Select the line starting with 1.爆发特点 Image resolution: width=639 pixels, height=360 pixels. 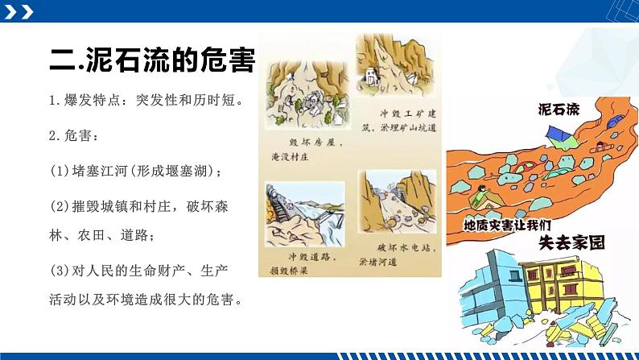(145, 101)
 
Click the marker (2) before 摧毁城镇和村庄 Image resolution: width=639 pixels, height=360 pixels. (60, 206)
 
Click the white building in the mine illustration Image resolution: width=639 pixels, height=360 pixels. (371, 78)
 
